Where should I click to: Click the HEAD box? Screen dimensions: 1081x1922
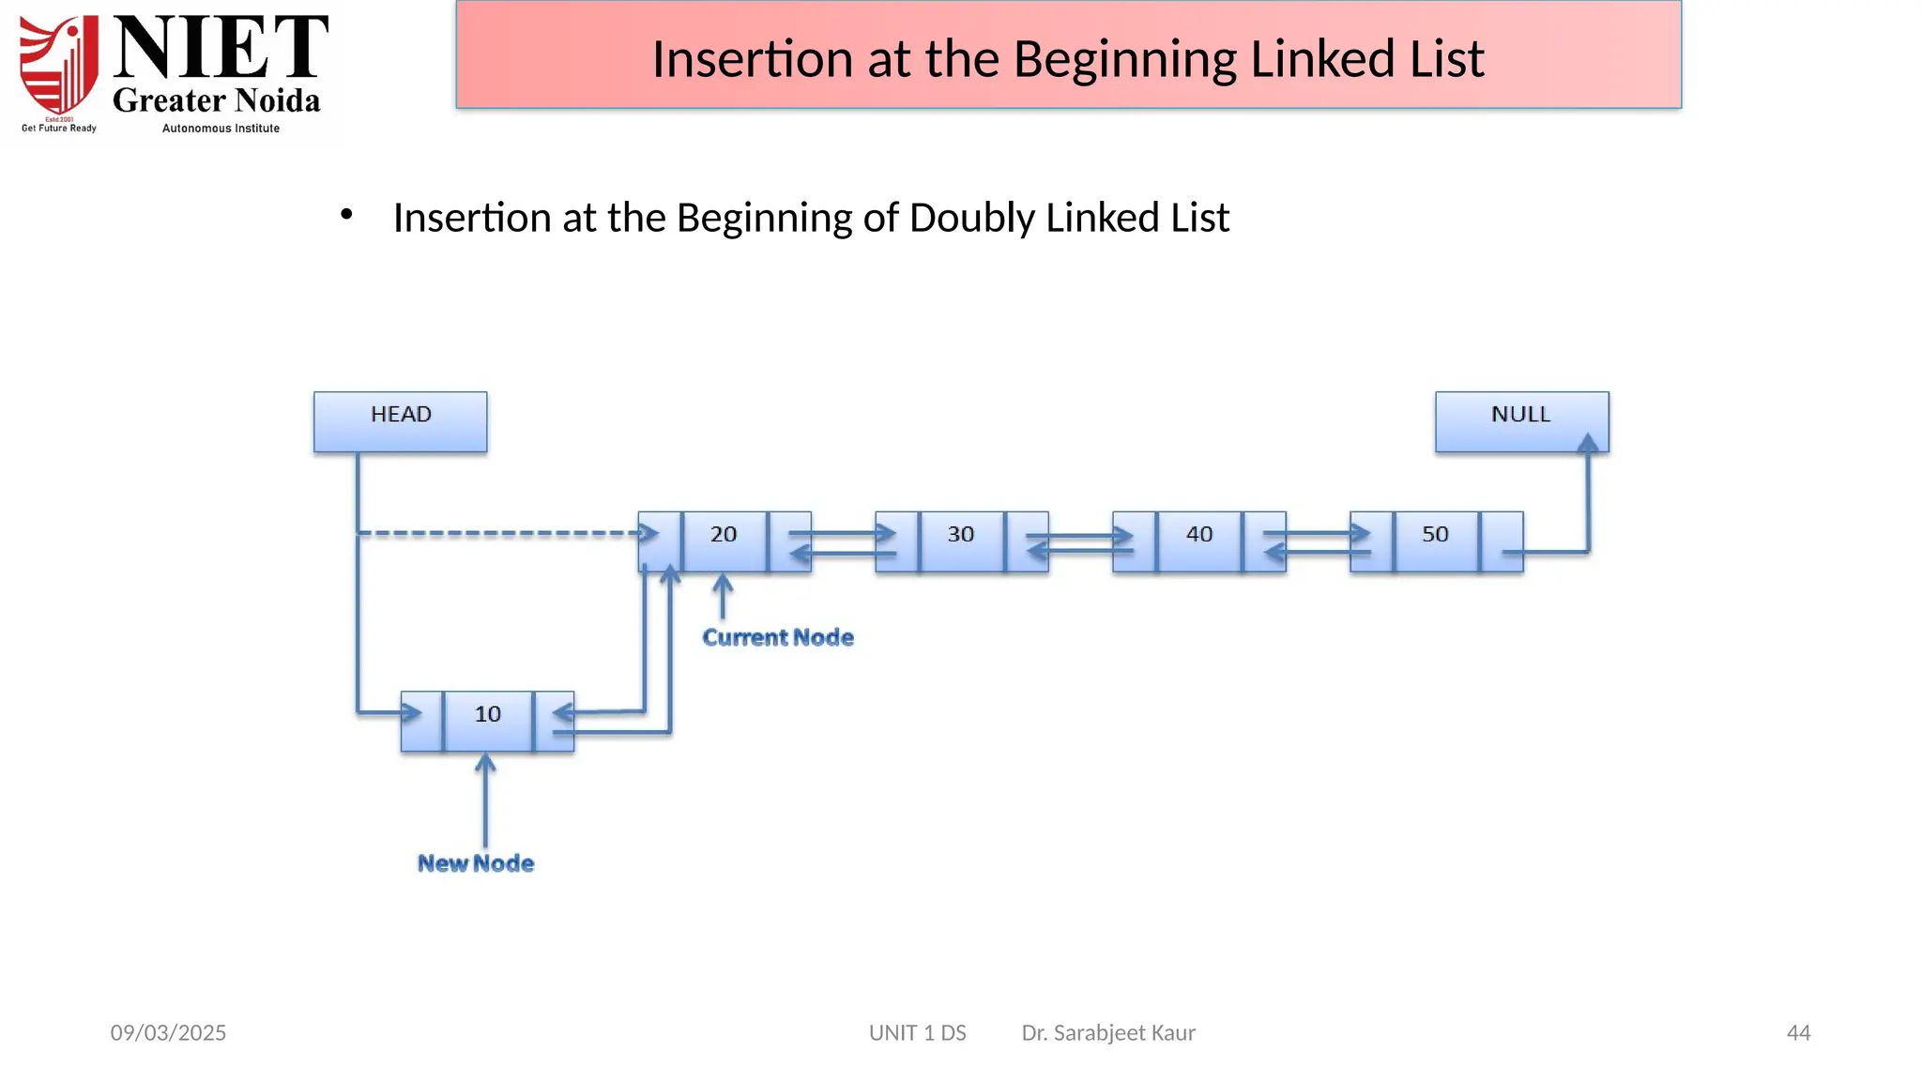click(400, 421)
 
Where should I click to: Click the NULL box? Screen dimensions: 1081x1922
click(1520, 421)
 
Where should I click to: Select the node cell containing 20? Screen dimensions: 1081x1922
click(724, 540)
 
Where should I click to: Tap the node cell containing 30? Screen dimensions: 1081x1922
click(961, 540)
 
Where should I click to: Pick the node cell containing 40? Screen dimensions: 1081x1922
click(1198, 540)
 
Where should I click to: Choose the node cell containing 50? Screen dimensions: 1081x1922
click(1436, 540)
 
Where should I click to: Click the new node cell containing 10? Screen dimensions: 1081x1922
click(487, 721)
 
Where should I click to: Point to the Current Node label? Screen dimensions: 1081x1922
click(778, 638)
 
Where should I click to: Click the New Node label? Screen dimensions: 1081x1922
click(476, 863)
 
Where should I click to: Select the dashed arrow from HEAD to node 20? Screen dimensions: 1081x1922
click(497, 533)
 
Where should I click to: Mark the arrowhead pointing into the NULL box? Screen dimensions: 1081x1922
click(1588, 444)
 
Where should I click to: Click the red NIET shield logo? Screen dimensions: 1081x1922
click(59, 66)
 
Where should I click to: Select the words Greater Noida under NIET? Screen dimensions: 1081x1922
click(217, 100)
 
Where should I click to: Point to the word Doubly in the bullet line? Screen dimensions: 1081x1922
click(971, 218)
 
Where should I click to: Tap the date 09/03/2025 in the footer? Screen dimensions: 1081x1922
click(168, 1033)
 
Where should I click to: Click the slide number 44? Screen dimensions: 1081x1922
click(1798, 1033)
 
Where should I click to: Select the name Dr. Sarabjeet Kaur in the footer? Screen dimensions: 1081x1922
click(1108, 1033)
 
